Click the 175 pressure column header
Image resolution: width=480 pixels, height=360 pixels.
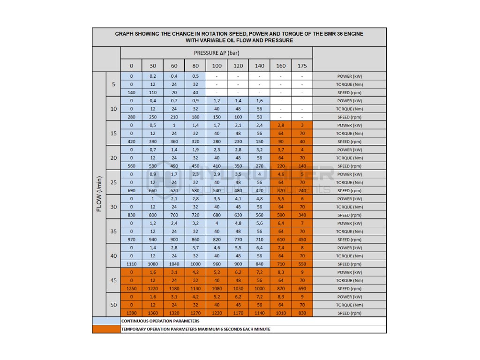coord(302,66)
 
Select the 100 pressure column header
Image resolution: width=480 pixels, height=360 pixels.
coord(217,66)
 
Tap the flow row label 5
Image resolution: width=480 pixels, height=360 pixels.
coord(113,84)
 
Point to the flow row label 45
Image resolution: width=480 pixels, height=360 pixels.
coord(113,280)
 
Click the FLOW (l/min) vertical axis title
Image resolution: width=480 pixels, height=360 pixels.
coord(99,194)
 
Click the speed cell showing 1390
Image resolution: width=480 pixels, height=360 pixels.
coord(131,313)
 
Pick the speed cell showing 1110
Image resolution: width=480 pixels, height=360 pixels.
coord(131,264)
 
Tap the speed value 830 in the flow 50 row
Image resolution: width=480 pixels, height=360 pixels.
coord(302,313)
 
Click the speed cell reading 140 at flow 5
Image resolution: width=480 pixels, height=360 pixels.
coord(131,93)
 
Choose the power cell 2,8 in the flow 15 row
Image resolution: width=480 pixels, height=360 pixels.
coord(281,126)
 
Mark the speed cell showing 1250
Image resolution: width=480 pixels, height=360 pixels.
coord(131,289)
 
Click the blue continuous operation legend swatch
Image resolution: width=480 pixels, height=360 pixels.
coord(106,321)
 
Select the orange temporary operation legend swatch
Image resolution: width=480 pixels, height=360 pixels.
coord(106,329)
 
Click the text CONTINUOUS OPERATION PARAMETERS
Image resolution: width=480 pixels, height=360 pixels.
coord(160,321)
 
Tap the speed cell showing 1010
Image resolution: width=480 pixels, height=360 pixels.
coord(281,313)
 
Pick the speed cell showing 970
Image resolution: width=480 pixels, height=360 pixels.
coord(131,240)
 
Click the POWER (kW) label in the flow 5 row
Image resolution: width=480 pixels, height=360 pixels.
coord(349,76)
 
